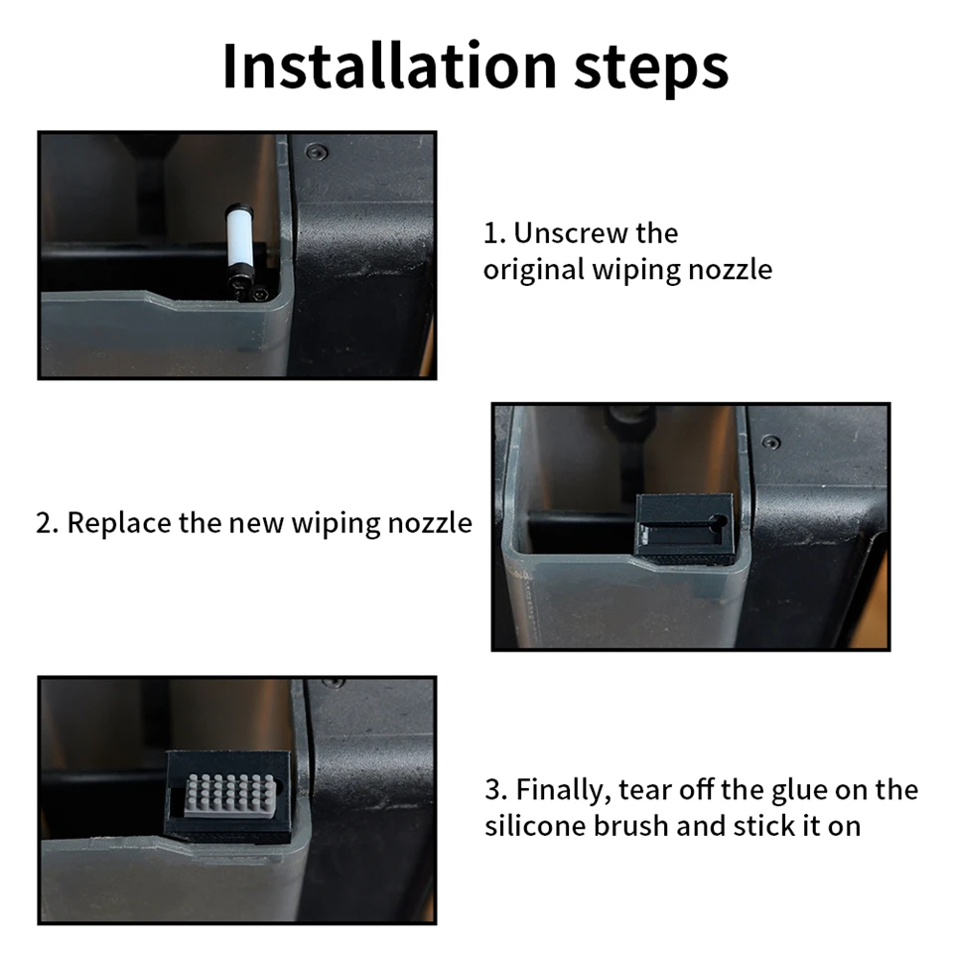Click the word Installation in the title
389,66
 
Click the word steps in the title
651,68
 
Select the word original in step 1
534,270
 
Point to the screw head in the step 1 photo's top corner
316,151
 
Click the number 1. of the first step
494,233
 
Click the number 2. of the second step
47,523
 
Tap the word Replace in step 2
119,524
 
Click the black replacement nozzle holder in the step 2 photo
684,528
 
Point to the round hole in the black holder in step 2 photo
719,521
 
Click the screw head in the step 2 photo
771,443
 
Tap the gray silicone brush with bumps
229,795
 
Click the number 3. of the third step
496,790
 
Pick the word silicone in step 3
535,827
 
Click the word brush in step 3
630,827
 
